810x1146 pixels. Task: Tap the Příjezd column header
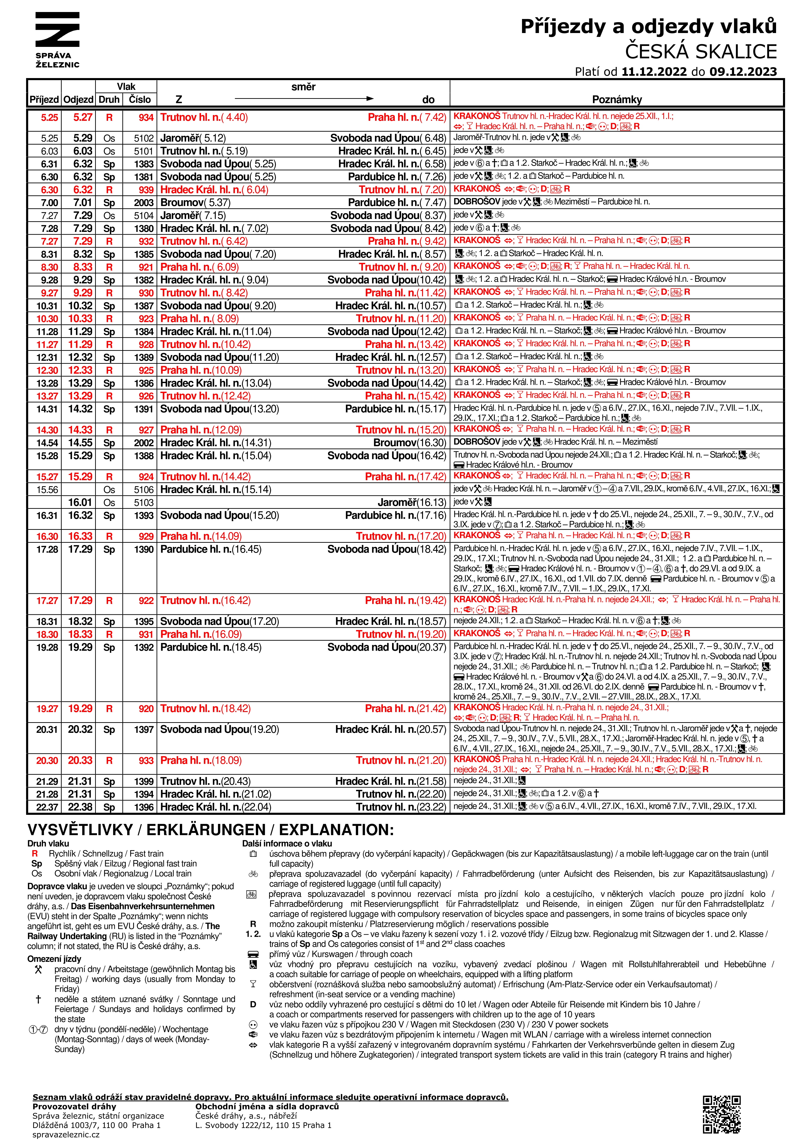tap(44, 99)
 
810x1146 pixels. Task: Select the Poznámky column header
tap(617, 99)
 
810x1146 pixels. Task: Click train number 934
tap(146, 118)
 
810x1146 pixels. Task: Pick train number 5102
tap(143, 138)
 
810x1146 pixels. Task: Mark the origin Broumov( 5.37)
tap(188, 203)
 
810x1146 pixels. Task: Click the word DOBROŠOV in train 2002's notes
tap(477, 442)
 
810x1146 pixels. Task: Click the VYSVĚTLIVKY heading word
tap(80, 830)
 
